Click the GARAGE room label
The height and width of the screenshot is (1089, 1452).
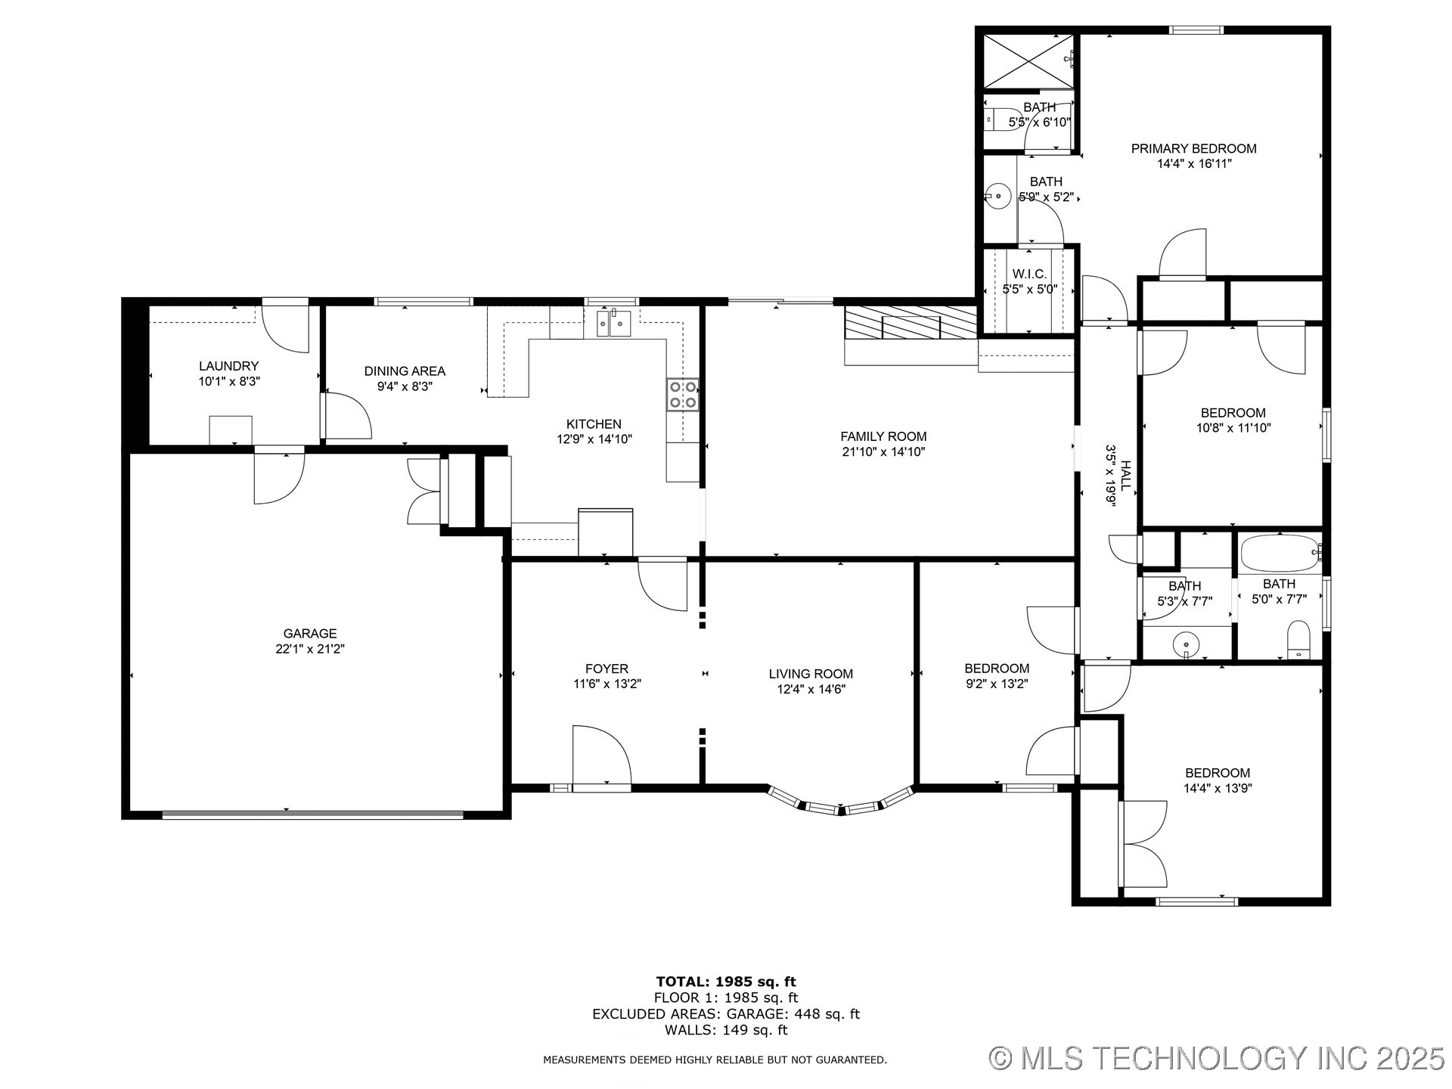310,633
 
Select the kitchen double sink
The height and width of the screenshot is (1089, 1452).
613,324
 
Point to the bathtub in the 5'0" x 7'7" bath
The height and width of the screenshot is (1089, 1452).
1278,554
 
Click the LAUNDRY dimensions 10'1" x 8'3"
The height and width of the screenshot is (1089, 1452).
229,382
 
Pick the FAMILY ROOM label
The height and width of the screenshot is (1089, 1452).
883,436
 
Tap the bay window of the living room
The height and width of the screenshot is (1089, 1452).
840,803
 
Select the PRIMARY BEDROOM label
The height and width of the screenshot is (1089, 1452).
1193,149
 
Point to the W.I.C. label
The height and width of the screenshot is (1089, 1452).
1029,274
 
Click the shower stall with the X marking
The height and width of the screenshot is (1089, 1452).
1028,60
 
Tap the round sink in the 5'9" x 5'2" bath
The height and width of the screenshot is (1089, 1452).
999,197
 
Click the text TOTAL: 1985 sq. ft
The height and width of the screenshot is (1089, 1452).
725,982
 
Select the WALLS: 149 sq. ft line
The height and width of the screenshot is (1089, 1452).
725,1030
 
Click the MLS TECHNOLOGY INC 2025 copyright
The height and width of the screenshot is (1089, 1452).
1217,1057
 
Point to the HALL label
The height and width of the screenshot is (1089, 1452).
1125,476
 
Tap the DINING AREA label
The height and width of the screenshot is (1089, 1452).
405,371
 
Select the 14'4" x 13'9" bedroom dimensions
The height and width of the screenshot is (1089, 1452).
1217,788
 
